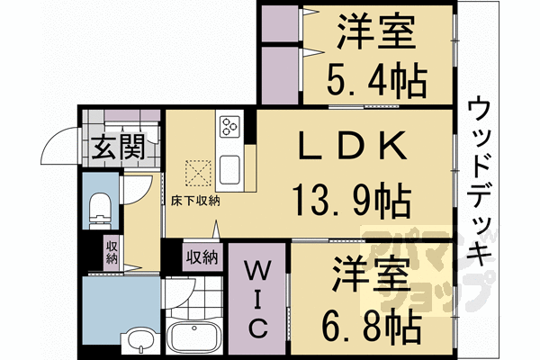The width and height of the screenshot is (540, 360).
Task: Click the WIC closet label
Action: tap(255, 297)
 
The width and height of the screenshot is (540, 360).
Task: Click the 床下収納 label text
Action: tap(196, 202)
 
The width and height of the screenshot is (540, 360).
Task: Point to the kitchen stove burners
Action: tap(229, 126)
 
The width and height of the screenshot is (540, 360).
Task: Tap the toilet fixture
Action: tap(99, 210)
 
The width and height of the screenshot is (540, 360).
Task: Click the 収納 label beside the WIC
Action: tap(202, 257)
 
